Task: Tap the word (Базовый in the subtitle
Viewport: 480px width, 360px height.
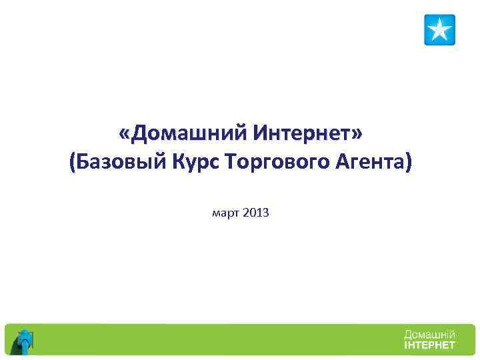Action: point(113,162)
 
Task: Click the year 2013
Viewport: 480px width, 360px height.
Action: point(256,214)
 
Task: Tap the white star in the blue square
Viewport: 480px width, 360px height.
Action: point(439,30)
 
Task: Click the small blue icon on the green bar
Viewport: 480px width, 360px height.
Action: point(25,341)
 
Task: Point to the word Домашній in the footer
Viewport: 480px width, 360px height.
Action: point(429,334)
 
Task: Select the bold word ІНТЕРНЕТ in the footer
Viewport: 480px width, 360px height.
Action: point(429,345)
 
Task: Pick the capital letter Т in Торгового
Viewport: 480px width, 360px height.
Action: point(232,162)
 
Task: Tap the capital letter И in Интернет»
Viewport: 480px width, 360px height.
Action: point(261,135)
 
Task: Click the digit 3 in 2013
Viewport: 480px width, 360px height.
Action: point(266,214)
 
